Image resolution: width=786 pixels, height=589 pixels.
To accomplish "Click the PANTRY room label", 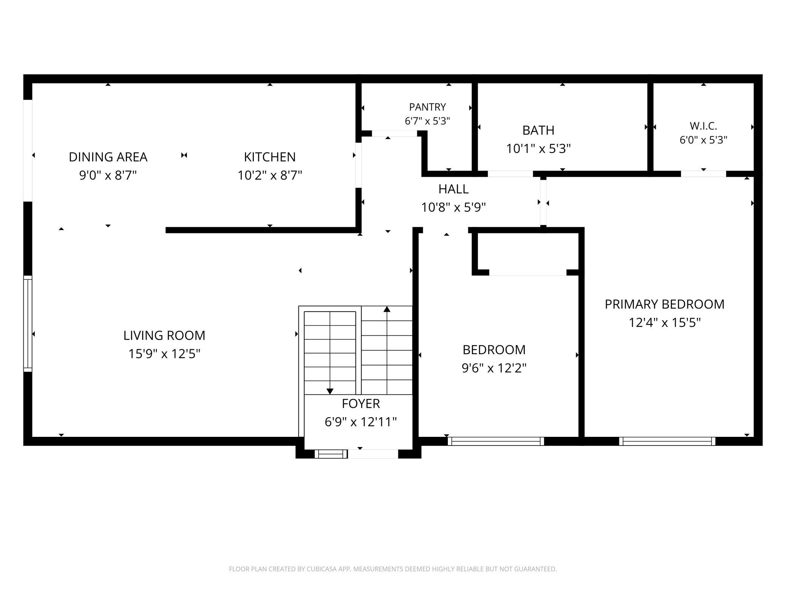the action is (427, 107).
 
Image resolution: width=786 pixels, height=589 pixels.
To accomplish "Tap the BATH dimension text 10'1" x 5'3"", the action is (538, 148).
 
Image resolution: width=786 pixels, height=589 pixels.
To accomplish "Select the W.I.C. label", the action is (703, 126).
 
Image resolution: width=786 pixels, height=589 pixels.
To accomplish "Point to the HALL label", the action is (453, 189).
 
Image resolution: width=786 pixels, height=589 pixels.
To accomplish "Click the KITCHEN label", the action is (270, 157).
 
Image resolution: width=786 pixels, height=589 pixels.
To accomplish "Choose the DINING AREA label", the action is (108, 157).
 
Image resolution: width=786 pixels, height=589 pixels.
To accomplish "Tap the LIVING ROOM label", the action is (164, 335).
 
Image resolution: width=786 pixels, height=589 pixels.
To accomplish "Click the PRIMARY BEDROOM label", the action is (665, 304).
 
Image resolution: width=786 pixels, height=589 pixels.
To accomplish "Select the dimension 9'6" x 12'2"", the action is (494, 368).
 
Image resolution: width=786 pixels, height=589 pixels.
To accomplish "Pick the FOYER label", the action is (361, 404).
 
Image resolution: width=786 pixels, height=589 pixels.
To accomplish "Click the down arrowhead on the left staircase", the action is (330, 392).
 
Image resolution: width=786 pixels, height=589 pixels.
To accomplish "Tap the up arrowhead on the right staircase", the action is (387, 309).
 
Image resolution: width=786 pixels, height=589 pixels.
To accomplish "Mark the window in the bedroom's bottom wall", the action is (496, 441).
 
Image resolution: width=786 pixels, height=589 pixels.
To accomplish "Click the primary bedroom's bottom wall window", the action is (667, 441).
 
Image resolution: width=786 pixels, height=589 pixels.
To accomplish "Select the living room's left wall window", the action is (28, 324).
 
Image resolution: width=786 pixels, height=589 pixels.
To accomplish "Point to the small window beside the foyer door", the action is (331, 454).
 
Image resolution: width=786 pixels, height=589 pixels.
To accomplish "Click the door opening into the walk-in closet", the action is (703, 174).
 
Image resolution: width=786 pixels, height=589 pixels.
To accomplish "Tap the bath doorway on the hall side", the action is (510, 174).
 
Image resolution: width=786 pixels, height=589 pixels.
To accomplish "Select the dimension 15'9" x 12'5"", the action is (164, 354).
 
